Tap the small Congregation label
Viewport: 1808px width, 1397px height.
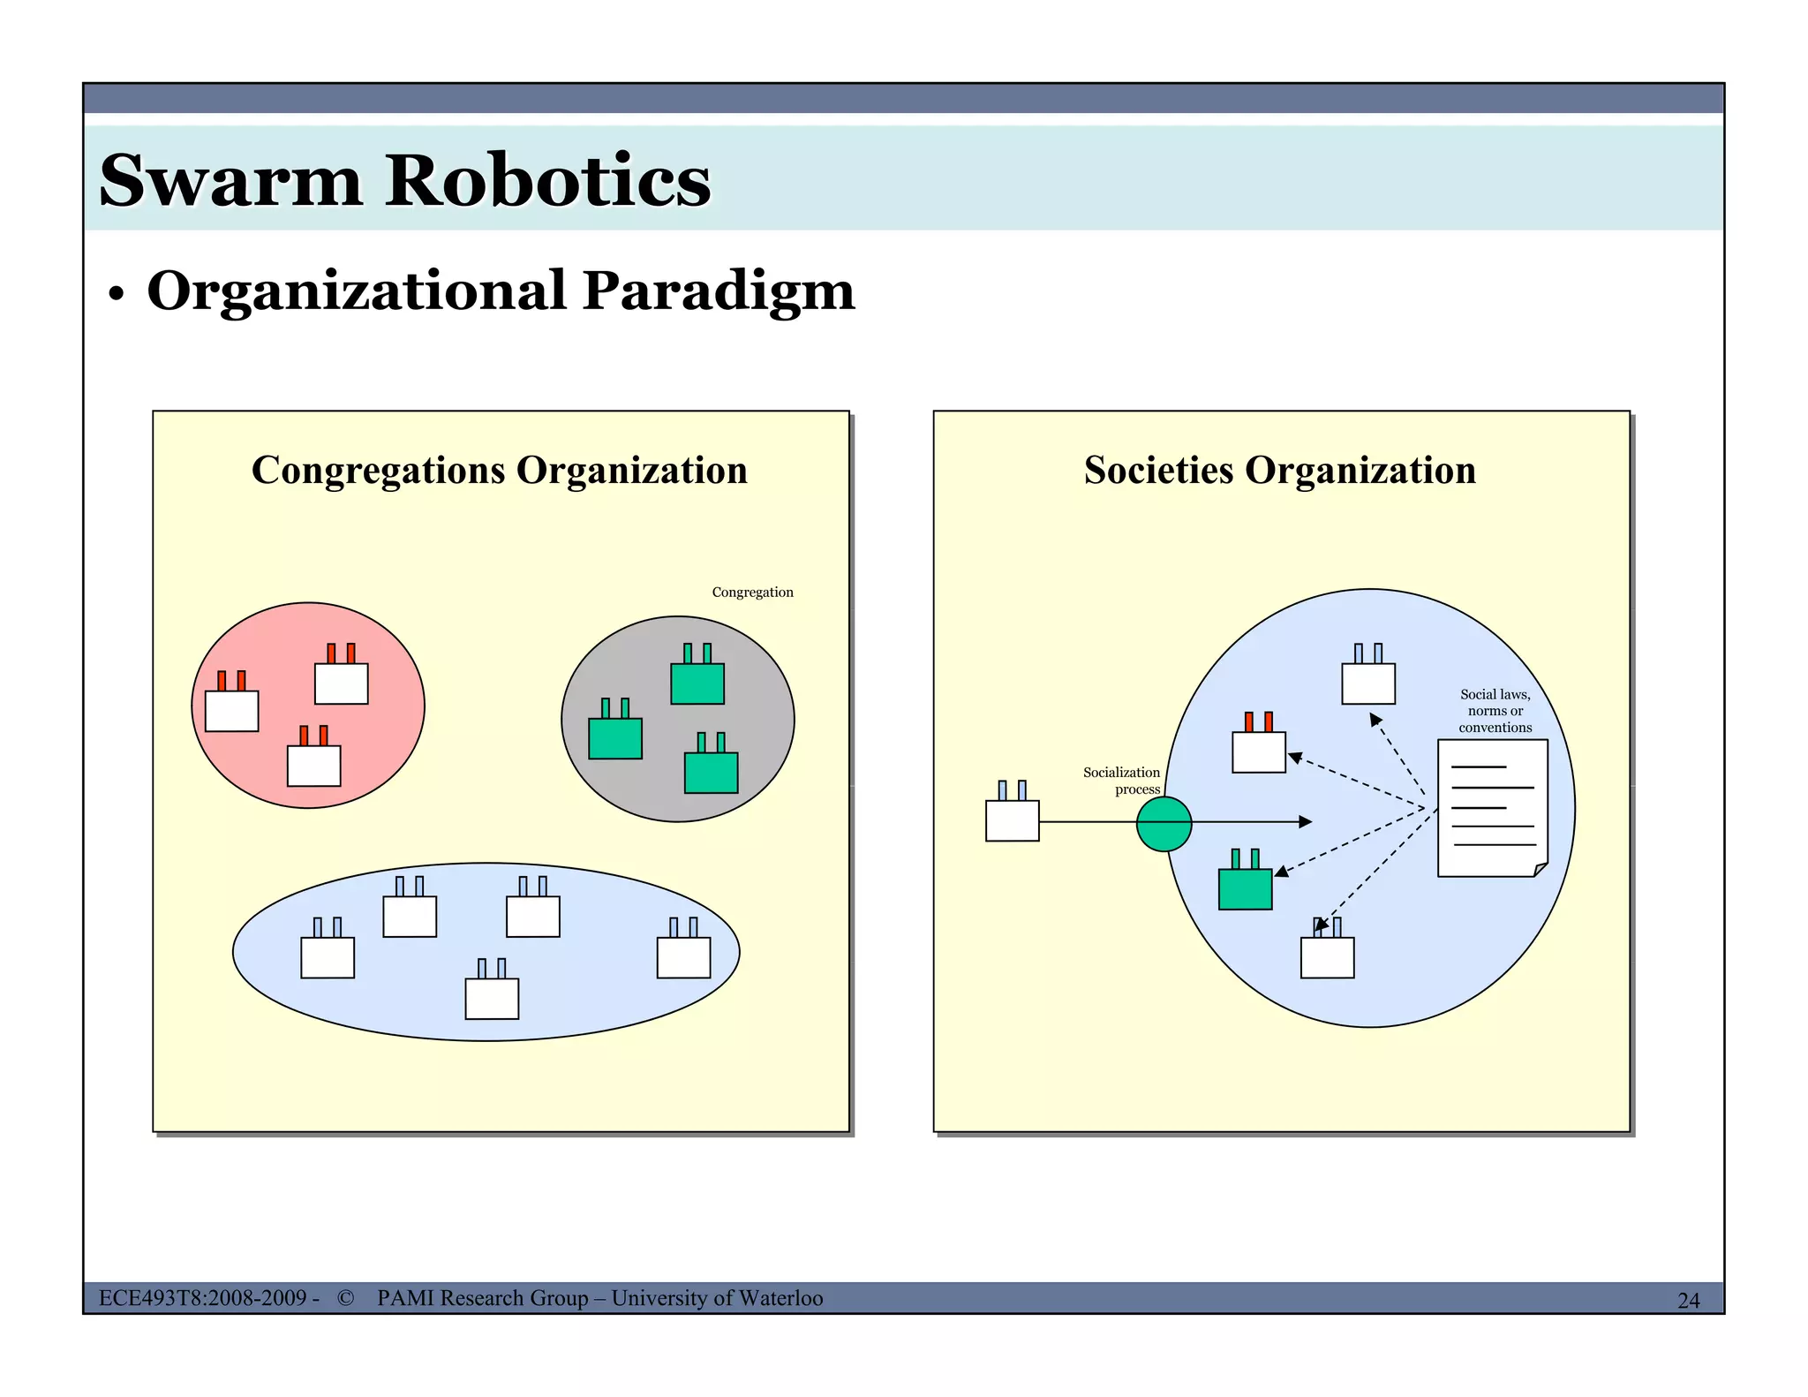point(752,593)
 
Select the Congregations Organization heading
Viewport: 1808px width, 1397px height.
point(500,470)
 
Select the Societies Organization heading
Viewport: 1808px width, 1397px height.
point(1280,470)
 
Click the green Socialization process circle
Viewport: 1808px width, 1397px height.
point(1164,824)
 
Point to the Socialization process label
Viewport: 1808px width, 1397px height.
point(1122,781)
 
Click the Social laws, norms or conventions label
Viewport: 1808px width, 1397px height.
point(1495,711)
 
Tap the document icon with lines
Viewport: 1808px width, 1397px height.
point(1493,808)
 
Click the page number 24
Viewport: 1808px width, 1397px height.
point(1688,1301)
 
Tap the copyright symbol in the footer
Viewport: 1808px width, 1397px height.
point(345,1298)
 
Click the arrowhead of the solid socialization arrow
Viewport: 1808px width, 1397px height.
point(1306,822)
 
